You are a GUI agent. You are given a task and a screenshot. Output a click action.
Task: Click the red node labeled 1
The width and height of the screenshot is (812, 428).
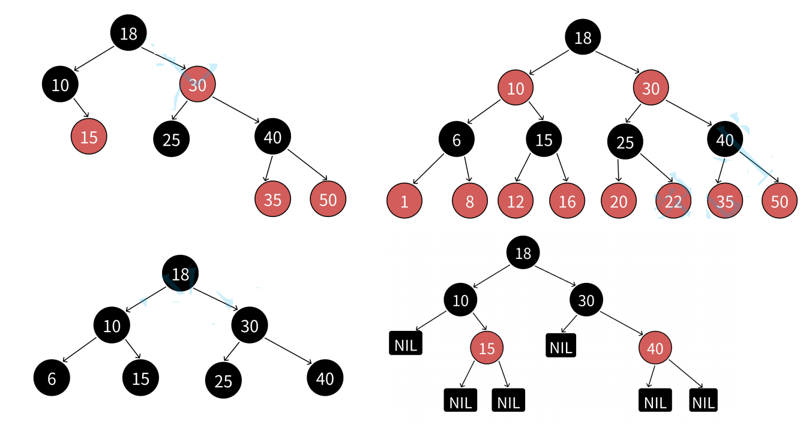tap(404, 201)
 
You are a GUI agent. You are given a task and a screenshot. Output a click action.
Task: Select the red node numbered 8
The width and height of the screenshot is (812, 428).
tap(469, 201)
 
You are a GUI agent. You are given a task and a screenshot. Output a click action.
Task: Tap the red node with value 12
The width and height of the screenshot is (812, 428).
tap(516, 201)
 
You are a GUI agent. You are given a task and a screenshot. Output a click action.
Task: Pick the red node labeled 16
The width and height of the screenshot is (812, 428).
tap(567, 201)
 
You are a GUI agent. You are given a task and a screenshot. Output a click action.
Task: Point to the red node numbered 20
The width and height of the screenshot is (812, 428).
tap(619, 201)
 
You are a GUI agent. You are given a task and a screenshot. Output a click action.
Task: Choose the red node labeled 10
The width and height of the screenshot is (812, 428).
tap(516, 89)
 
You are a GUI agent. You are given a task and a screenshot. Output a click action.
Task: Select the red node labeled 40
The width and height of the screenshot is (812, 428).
tap(655, 347)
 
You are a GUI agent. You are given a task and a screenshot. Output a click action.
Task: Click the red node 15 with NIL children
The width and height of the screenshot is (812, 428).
tap(487, 347)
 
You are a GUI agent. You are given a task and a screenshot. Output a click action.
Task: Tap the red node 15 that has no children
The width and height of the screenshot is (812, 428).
tap(89, 137)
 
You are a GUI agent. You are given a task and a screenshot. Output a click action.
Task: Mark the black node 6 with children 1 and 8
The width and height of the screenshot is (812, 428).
tap(456, 140)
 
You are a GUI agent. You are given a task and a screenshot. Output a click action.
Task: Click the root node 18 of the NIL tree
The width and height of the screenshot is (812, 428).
tap(523, 252)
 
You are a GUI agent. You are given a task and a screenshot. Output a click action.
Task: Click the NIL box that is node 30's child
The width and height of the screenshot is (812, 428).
tap(561, 346)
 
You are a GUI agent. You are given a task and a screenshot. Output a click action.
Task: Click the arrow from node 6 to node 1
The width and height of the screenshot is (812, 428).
tap(428, 169)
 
